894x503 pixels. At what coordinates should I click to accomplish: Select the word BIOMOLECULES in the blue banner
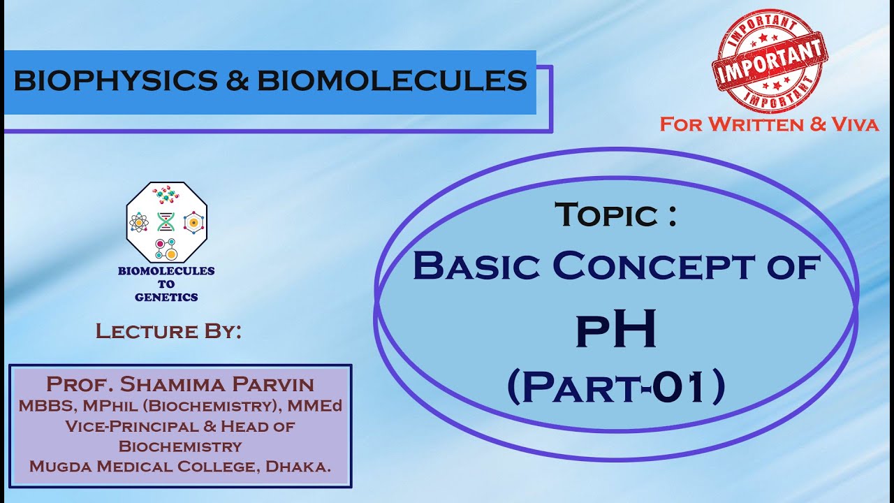(392, 82)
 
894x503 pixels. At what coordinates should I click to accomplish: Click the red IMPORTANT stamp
(769, 61)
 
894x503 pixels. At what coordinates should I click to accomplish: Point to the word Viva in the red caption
(854, 125)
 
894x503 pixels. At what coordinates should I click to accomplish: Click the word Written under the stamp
(755, 125)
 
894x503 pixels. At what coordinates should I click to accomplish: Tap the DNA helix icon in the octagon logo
(166, 222)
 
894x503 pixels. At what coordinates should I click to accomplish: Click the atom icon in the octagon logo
(139, 222)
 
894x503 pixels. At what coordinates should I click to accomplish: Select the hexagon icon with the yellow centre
(192, 222)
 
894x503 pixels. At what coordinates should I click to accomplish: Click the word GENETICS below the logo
(166, 297)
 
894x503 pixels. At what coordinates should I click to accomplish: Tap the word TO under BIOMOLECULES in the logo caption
(166, 284)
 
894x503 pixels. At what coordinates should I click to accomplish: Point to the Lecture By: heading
(168, 330)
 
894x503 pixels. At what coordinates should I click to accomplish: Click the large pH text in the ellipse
(616, 330)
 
